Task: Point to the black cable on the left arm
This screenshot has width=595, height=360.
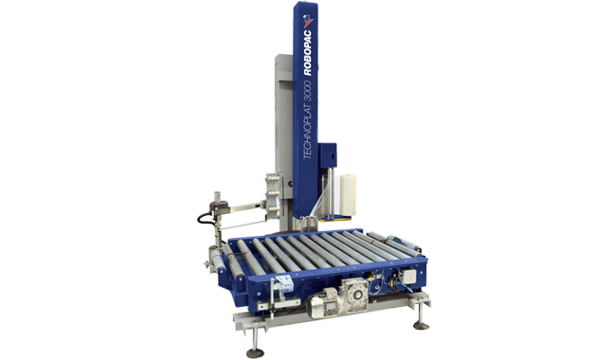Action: pyautogui.click(x=201, y=220)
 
